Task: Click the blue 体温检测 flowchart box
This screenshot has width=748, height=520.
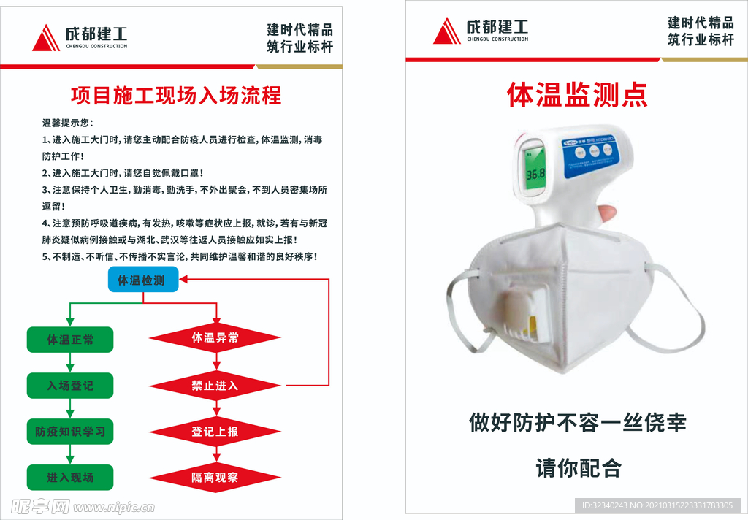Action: (x=143, y=280)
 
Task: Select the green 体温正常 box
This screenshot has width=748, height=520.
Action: (x=70, y=340)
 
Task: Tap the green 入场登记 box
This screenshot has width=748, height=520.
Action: (x=70, y=386)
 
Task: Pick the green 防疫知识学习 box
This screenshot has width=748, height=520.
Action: (x=70, y=432)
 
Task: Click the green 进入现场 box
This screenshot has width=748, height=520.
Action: (x=70, y=478)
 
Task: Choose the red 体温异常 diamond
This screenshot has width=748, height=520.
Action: (x=215, y=338)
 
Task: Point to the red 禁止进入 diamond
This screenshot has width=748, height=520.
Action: (x=215, y=386)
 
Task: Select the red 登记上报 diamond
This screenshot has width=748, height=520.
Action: (x=215, y=432)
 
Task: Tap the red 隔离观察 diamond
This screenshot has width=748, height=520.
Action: (x=215, y=478)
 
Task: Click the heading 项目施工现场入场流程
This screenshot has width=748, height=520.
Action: (x=176, y=96)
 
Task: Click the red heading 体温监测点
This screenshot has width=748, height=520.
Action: (x=577, y=95)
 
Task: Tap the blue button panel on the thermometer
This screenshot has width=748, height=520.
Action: (x=590, y=152)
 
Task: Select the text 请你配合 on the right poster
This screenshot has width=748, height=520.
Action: (x=579, y=467)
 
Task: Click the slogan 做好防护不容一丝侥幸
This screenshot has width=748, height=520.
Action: (x=577, y=423)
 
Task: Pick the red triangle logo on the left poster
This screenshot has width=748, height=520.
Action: (x=46, y=38)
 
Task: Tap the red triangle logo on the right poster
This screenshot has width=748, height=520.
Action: (x=447, y=31)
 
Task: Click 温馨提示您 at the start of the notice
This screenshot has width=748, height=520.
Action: (x=68, y=123)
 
